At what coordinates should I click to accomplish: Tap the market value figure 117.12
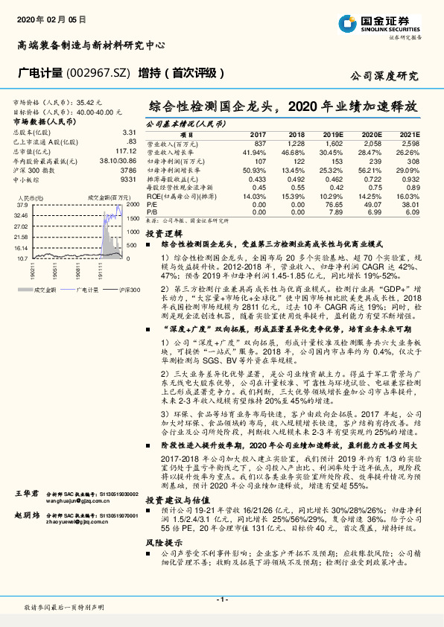124,149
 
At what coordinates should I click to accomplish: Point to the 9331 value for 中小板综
126,179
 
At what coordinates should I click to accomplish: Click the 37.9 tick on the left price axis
21,205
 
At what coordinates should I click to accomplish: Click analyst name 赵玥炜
28,515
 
